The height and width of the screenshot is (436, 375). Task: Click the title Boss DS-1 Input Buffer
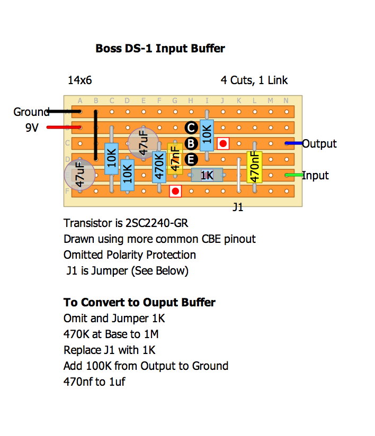[x=160, y=49]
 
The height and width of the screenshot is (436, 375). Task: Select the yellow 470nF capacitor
[x=255, y=167]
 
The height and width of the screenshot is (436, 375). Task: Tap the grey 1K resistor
[x=207, y=175]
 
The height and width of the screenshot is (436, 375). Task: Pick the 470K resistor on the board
[x=159, y=167]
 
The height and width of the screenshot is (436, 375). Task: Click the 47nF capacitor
[x=175, y=158]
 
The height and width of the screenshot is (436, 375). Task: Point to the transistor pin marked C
[x=191, y=127]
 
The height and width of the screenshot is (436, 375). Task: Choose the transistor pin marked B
[x=191, y=143]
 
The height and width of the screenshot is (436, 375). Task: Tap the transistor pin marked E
[x=191, y=159]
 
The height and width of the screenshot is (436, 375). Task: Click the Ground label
[x=31, y=112]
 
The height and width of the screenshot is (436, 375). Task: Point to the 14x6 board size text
[x=79, y=80]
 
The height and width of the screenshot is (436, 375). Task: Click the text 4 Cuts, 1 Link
[x=254, y=80]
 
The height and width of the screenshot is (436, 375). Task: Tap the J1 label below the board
[x=238, y=207]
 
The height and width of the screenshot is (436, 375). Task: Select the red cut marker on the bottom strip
[x=175, y=191]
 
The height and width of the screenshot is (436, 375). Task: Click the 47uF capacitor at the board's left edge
[x=79, y=175]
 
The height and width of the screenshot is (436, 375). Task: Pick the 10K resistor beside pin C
[x=207, y=135]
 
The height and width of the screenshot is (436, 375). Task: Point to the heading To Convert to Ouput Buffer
[x=139, y=303]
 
